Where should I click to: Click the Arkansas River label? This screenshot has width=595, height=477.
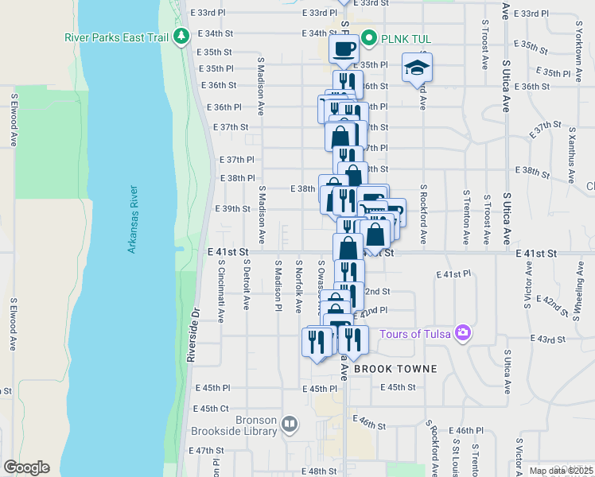[x=134, y=219]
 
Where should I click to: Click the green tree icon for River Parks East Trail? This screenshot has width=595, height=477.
[x=182, y=36]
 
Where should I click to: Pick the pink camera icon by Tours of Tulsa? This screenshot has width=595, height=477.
[x=463, y=332]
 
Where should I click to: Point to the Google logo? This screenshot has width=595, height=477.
[x=26, y=467]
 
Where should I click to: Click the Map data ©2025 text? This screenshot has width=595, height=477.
[x=560, y=471]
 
